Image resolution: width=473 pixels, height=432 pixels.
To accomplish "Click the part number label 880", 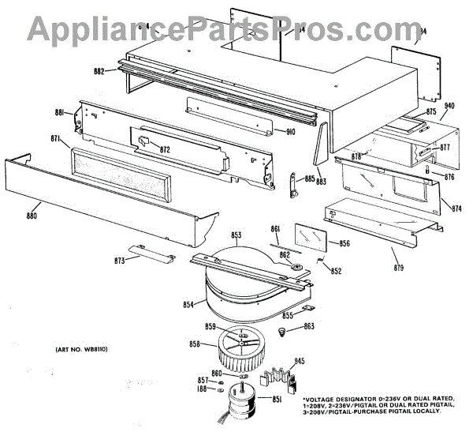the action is point(32,215).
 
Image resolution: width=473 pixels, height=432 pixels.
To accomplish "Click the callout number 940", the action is point(449,106).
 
